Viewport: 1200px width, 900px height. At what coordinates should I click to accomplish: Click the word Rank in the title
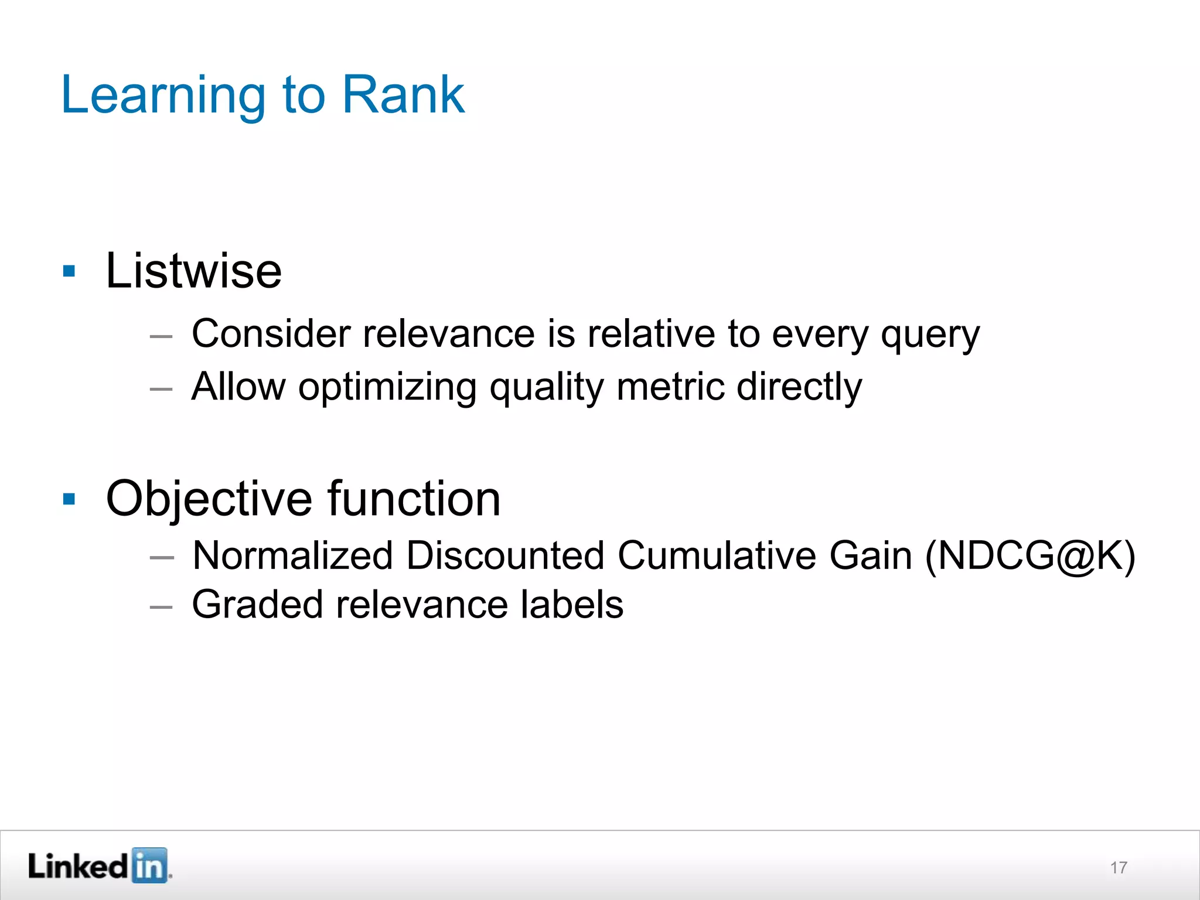[x=403, y=95]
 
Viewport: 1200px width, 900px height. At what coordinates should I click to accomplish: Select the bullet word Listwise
[x=193, y=271]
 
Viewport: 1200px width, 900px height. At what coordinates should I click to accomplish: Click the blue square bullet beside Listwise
[x=69, y=271]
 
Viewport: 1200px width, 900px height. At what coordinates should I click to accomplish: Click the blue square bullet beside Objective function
[x=69, y=499]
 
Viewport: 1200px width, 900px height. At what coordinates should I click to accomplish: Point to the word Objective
[x=209, y=499]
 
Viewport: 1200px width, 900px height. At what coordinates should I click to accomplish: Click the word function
[x=414, y=498]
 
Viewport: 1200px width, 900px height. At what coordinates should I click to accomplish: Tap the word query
[x=930, y=335]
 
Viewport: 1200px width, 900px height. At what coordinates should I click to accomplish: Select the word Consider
[x=271, y=334]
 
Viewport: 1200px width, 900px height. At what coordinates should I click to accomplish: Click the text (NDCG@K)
[x=1030, y=555]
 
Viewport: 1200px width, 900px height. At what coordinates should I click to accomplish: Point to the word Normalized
[x=292, y=555]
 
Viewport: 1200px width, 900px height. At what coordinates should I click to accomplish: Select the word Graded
[x=257, y=605]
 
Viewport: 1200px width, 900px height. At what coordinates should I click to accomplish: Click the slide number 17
[x=1118, y=868]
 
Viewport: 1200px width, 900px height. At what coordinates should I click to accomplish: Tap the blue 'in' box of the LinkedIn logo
[x=149, y=865]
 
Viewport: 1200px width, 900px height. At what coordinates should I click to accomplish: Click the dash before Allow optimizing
[x=161, y=389]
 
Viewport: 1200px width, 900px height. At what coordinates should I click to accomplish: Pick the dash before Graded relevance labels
[x=161, y=607]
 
